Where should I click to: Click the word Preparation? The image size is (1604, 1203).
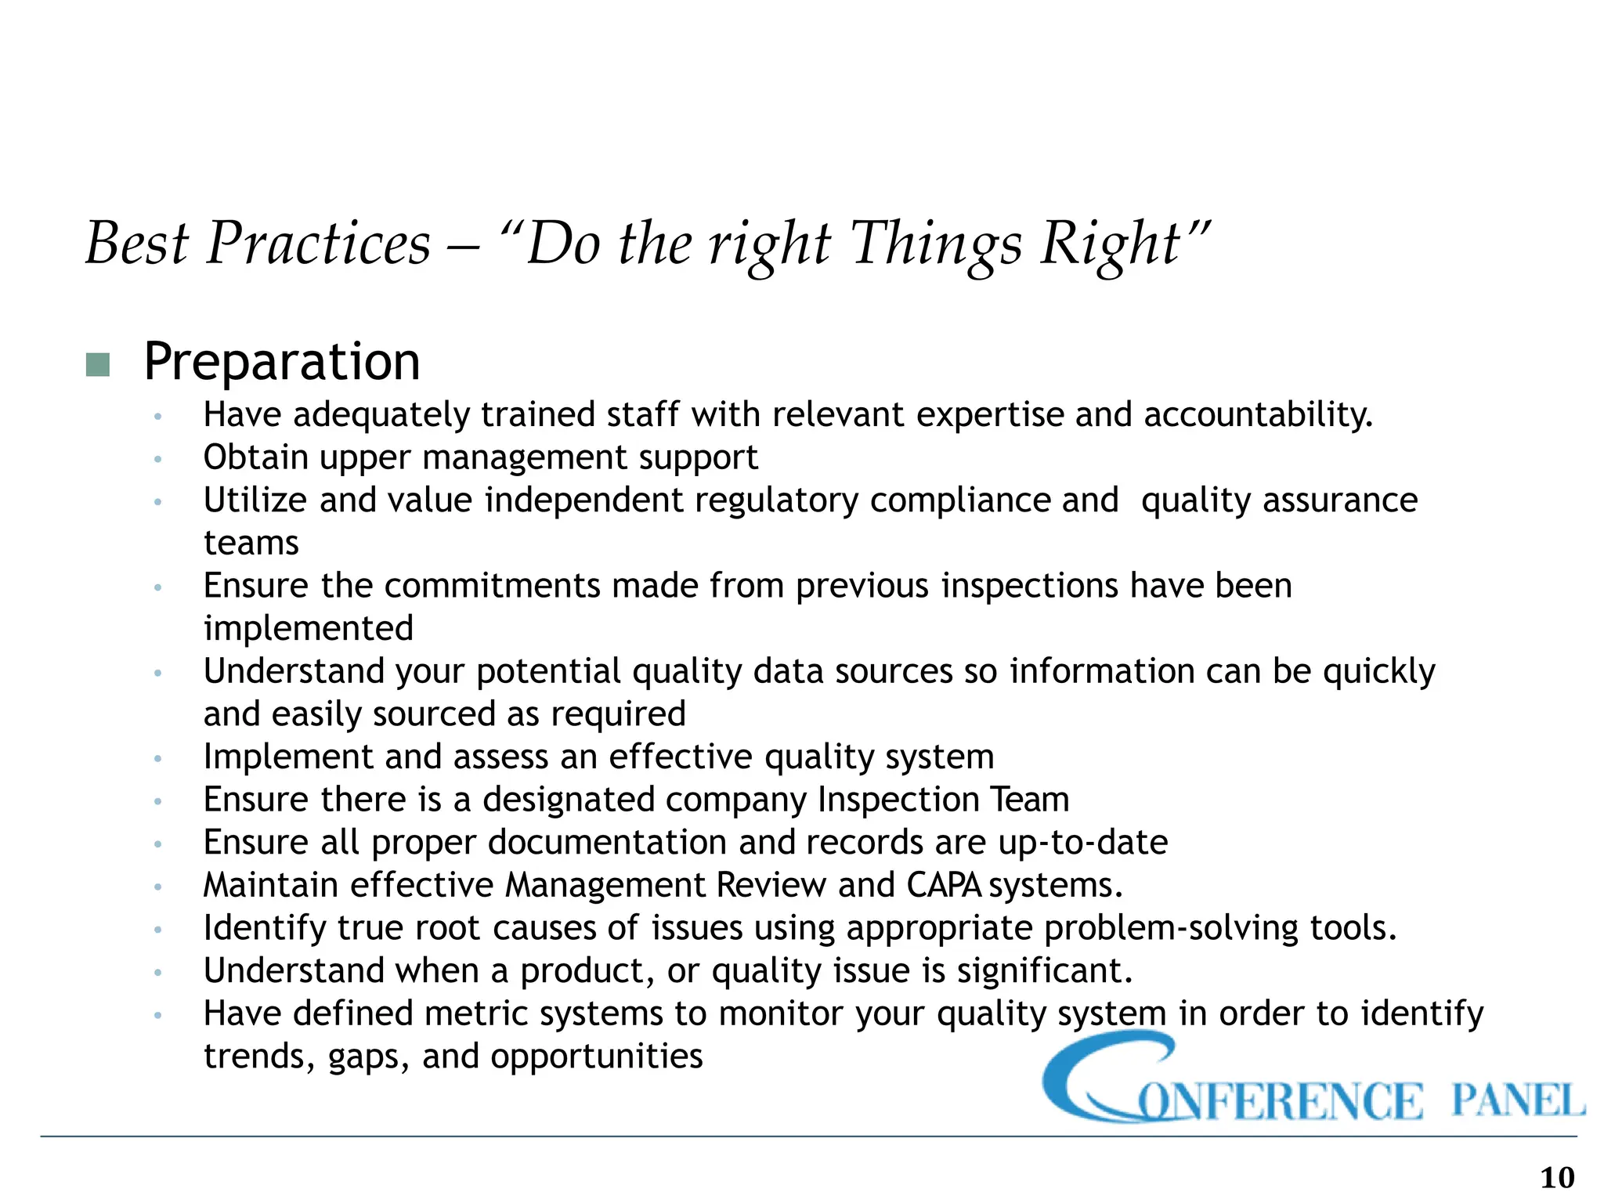(x=282, y=363)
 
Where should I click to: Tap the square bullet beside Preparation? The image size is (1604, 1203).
(x=97, y=365)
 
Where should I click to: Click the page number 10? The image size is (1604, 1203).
(x=1557, y=1177)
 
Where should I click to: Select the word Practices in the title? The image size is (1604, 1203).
(x=318, y=244)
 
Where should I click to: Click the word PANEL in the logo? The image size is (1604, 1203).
(x=1517, y=1100)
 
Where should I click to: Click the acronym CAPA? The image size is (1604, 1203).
(x=944, y=886)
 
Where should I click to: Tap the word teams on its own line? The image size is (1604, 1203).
(x=251, y=544)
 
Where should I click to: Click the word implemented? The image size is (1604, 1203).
(x=308, y=629)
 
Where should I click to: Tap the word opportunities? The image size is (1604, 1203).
(x=596, y=1057)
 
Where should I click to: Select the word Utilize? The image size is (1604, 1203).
(x=255, y=500)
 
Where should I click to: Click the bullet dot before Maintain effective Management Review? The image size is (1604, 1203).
(x=157, y=887)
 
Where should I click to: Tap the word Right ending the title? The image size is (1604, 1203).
(x=1111, y=244)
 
